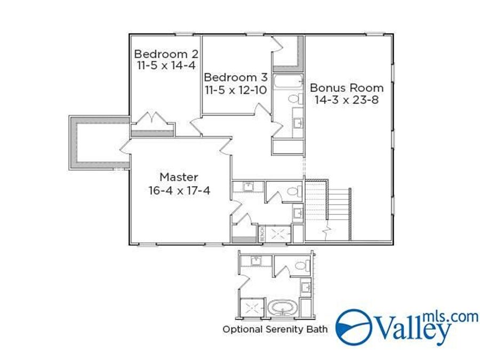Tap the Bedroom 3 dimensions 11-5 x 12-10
point(235,90)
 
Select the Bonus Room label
point(347,87)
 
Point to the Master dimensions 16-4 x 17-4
point(179,190)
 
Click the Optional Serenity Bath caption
point(275,329)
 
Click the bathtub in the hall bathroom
point(287,83)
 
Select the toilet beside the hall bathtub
point(294,99)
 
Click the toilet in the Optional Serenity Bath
point(300,266)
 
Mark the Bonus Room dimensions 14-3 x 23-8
point(347,100)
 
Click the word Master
point(179,177)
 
